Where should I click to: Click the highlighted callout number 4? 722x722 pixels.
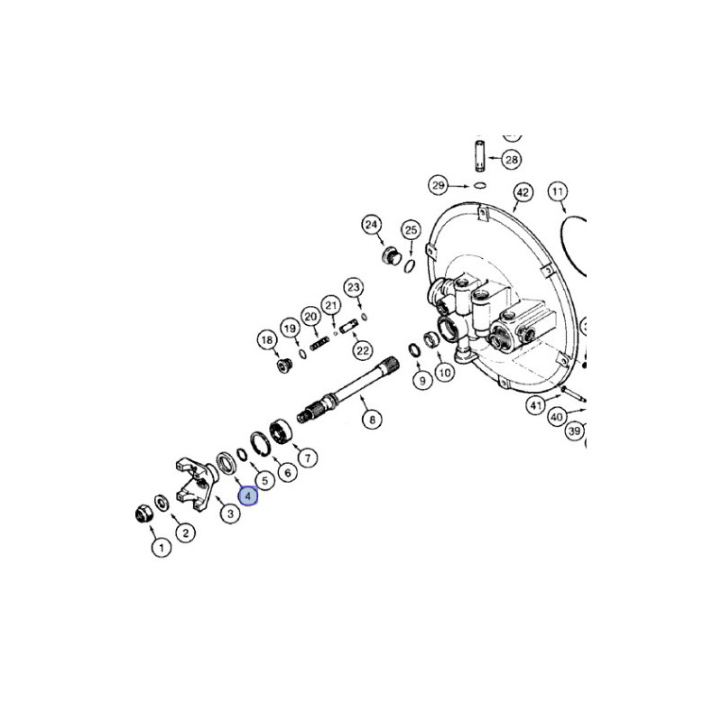coord(247,495)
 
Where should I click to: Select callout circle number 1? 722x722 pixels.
coord(160,548)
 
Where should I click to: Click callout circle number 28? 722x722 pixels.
coord(511,160)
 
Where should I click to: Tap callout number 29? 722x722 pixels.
coord(439,186)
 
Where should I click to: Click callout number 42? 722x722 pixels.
coord(522,192)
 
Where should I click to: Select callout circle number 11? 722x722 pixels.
coord(558,191)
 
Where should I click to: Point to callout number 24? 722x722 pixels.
coord(371,224)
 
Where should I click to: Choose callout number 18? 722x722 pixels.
coord(266,340)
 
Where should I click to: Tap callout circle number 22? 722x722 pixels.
coord(362,349)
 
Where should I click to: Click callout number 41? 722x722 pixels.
coord(537,406)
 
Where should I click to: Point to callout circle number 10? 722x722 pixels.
coord(444,372)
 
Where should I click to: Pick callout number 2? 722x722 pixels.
coord(184,532)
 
